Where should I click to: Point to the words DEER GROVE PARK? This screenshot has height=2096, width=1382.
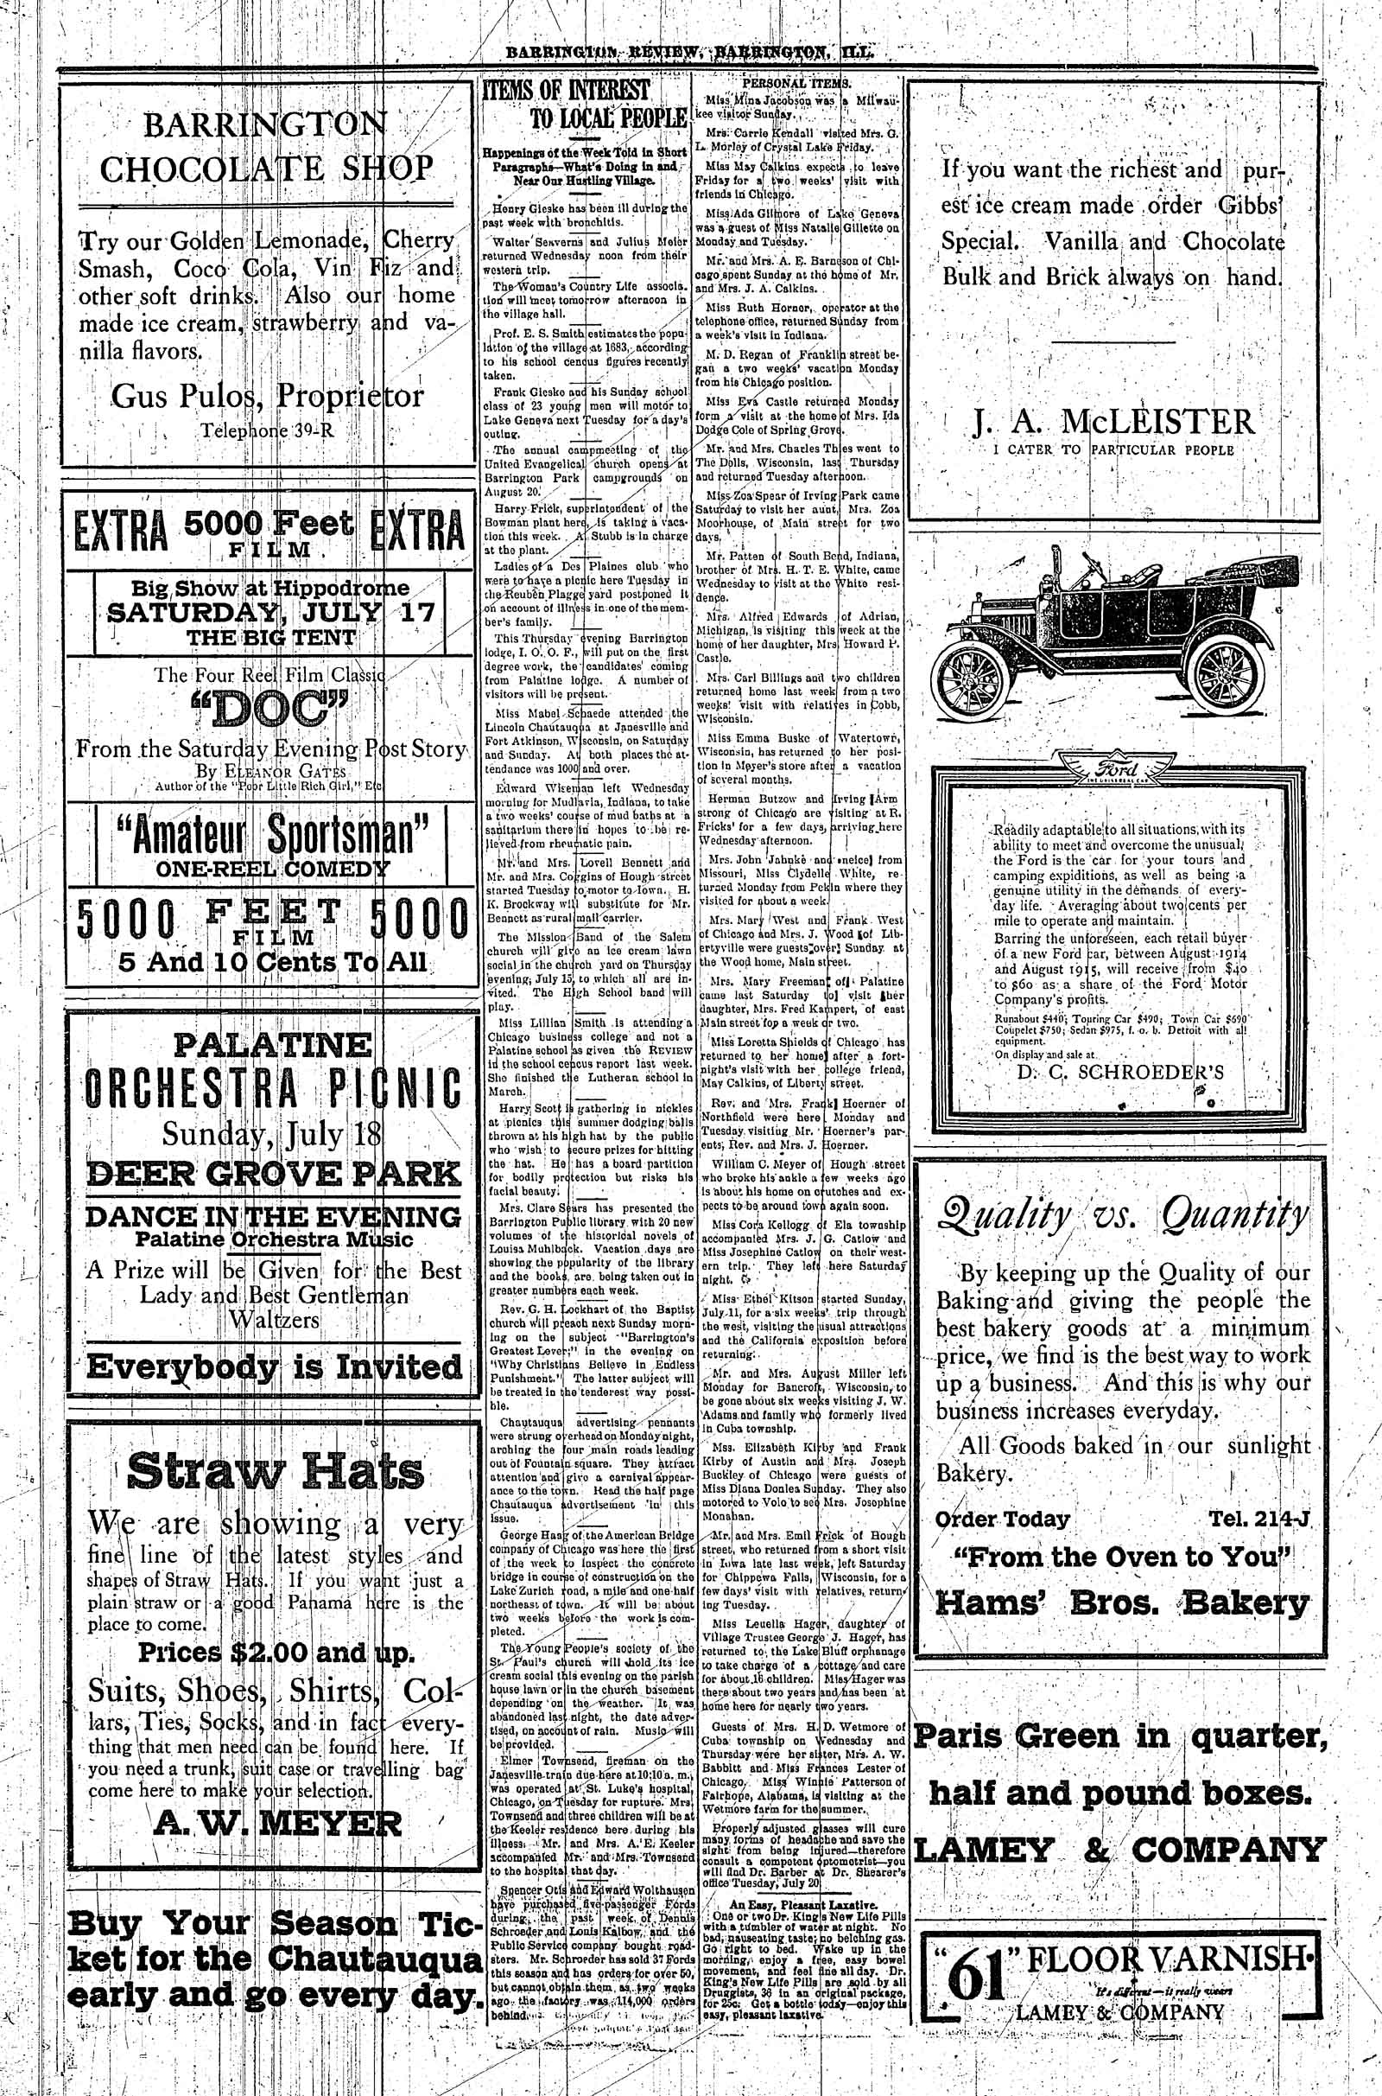274,1174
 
